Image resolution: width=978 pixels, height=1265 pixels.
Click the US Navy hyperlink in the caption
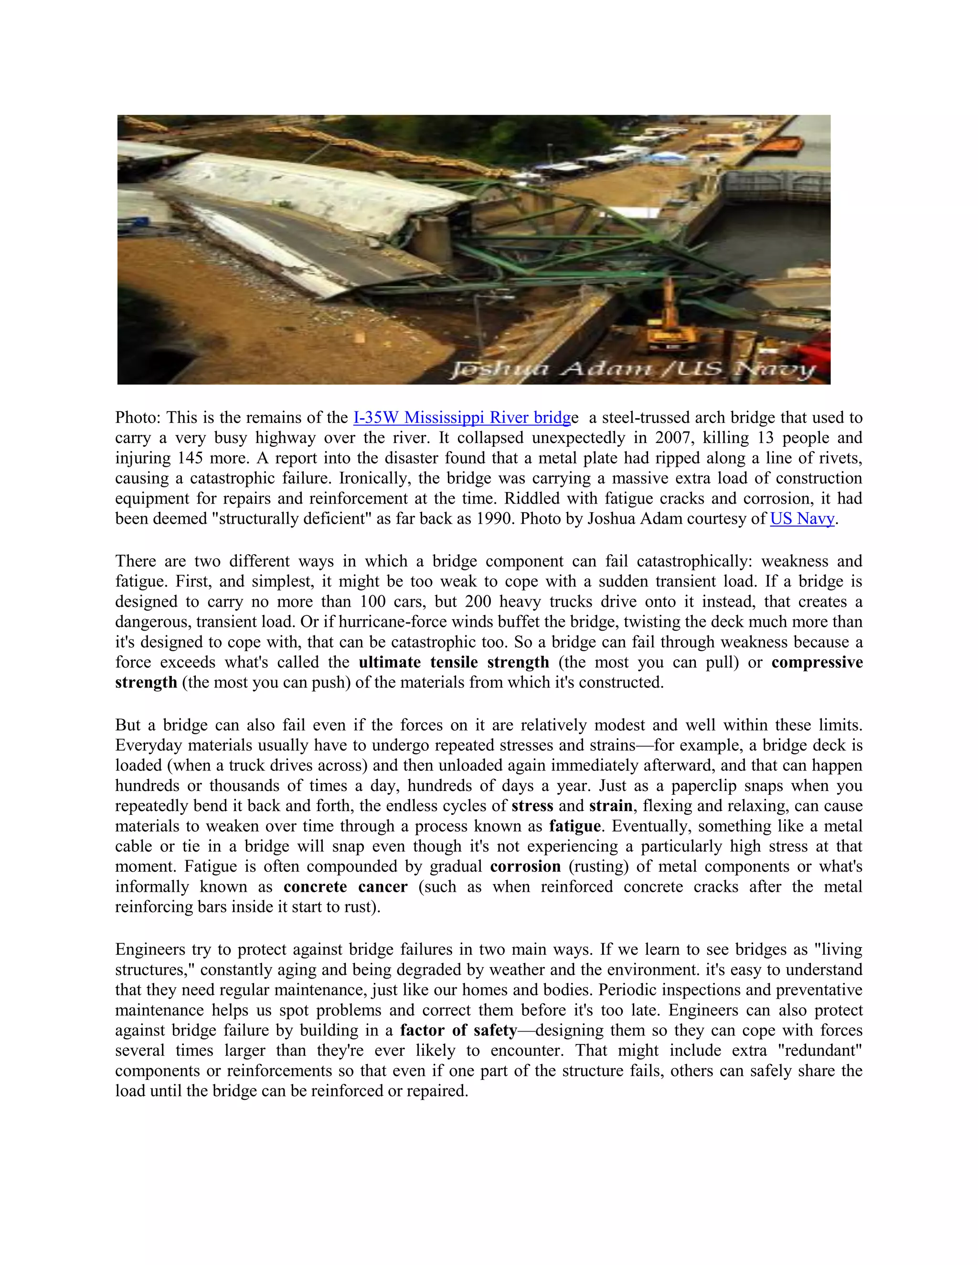pos(802,518)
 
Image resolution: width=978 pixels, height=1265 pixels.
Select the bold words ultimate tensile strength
pos(453,662)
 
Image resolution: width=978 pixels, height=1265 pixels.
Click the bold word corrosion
pos(525,866)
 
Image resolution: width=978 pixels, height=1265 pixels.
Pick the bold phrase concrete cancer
pos(345,887)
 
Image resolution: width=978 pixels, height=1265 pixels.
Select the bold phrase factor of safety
pos(458,1031)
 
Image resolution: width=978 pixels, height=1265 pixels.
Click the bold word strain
pos(610,806)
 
